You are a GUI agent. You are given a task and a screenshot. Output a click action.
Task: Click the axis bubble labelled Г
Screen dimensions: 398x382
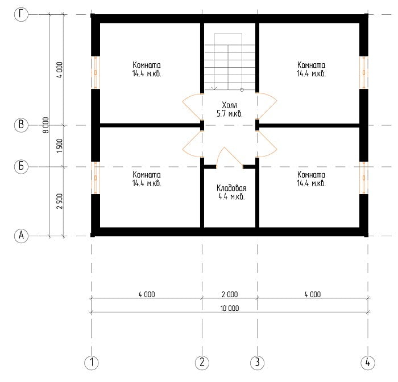(x=21, y=14)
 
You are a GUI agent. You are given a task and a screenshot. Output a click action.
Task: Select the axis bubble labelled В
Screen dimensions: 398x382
(x=21, y=125)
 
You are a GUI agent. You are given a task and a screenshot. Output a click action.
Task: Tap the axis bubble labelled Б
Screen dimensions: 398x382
(x=21, y=166)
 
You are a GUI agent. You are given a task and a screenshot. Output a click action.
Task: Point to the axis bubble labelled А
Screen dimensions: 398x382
(x=21, y=236)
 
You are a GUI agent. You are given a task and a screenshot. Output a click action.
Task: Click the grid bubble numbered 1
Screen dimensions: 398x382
(x=92, y=363)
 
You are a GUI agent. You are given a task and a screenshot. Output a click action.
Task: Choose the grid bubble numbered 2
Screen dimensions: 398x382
(x=202, y=363)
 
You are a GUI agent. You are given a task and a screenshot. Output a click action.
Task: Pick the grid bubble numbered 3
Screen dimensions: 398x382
(x=257, y=363)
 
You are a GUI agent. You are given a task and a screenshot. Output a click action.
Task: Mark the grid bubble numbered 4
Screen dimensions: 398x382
(x=368, y=363)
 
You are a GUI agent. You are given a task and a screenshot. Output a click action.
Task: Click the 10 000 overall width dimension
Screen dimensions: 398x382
(x=230, y=309)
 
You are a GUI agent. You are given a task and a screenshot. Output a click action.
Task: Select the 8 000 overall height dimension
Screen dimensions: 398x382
(x=45, y=125)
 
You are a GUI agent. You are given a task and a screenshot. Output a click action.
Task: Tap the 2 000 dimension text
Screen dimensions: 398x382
(x=230, y=294)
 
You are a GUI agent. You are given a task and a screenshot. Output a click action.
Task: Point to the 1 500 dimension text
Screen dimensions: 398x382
(x=59, y=146)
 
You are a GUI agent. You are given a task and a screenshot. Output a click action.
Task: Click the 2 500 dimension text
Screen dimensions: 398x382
(x=59, y=202)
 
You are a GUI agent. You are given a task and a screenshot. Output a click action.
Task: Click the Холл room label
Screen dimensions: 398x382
(x=230, y=105)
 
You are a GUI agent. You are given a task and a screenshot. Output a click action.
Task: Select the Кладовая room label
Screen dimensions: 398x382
(x=231, y=188)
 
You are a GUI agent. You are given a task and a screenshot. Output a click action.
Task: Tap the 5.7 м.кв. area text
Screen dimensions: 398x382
(x=230, y=114)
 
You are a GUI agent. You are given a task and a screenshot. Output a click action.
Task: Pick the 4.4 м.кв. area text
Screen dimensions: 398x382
(x=231, y=197)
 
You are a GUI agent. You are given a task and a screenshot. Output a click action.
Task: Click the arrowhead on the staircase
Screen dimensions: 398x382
(x=214, y=88)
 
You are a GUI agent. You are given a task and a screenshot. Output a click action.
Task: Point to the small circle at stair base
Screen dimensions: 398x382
(x=242, y=90)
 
